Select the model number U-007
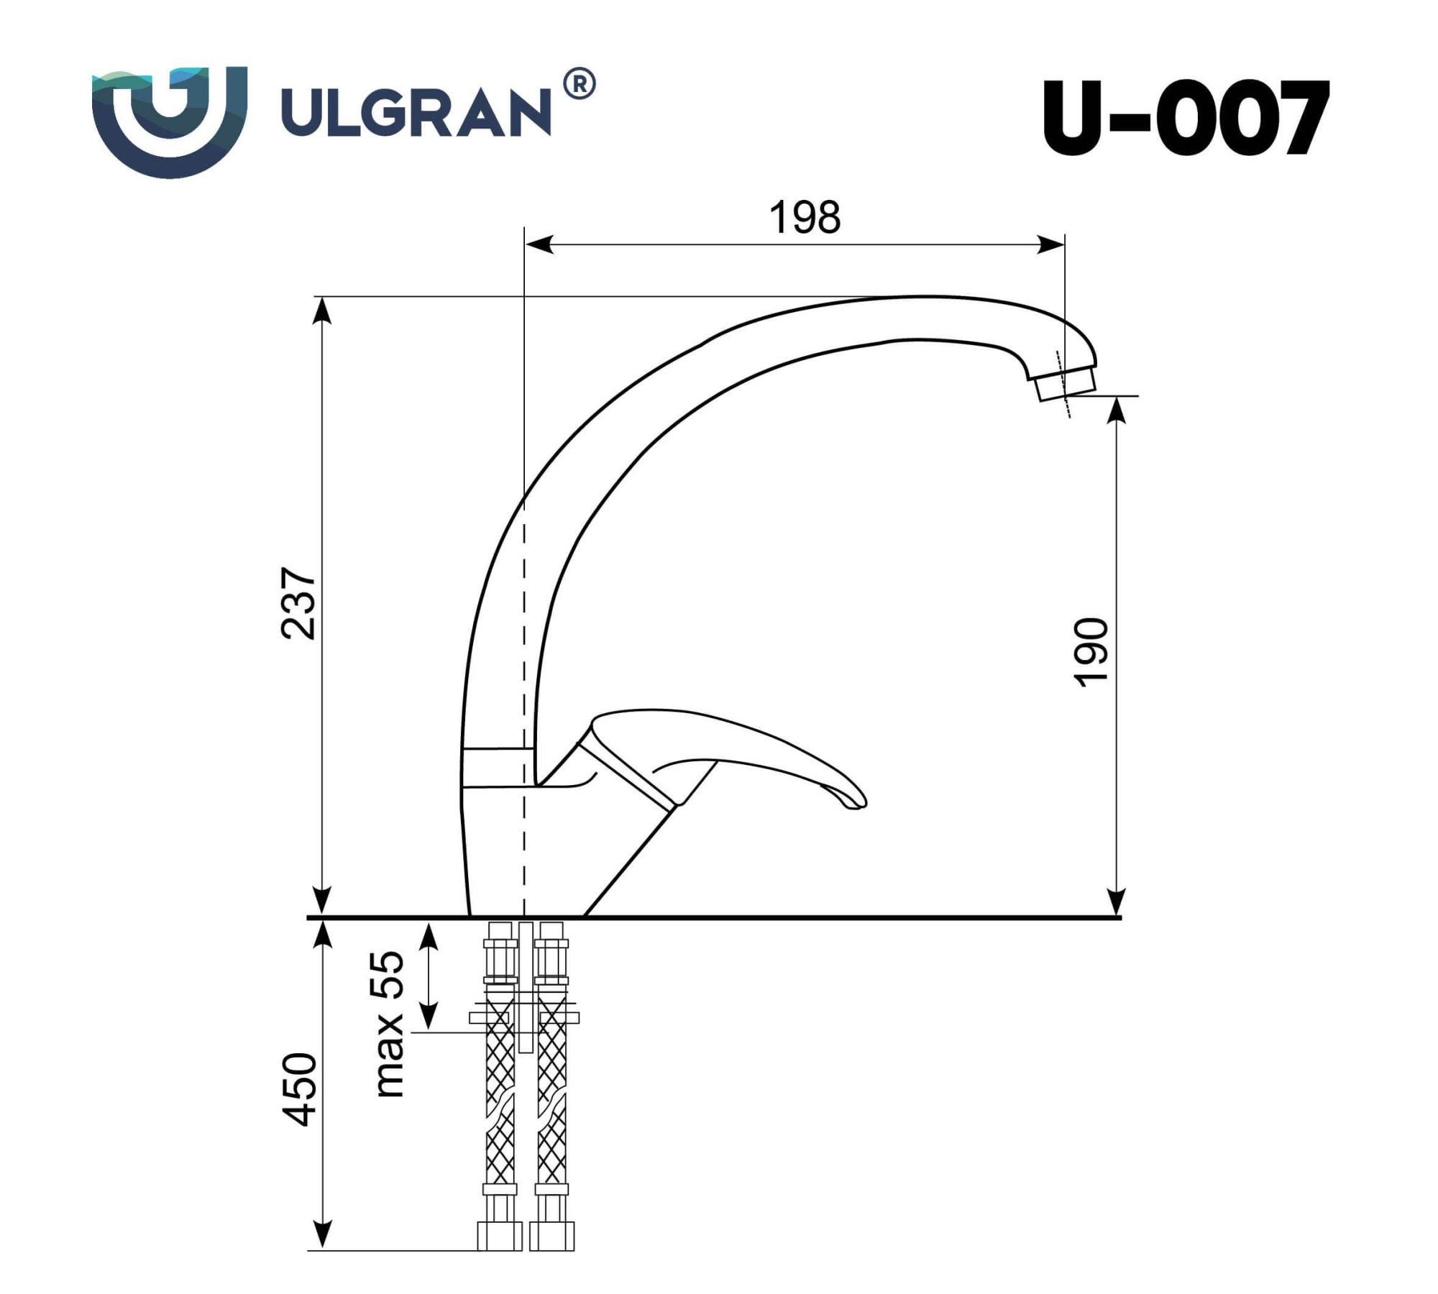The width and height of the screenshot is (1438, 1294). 1184,118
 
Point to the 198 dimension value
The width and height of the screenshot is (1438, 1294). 805,217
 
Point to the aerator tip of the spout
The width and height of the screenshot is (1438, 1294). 1067,385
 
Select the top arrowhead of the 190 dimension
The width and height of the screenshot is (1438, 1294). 1116,408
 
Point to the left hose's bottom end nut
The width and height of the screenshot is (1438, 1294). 500,1257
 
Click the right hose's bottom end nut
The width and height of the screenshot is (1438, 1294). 551,1257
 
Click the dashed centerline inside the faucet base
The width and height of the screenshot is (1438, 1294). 524,848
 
